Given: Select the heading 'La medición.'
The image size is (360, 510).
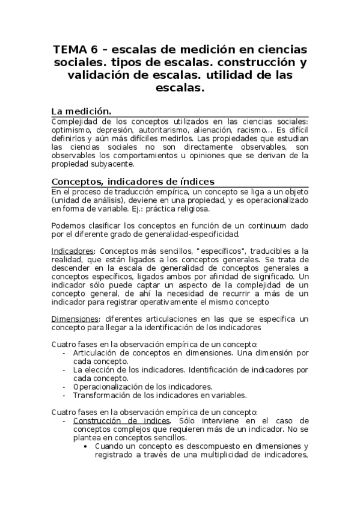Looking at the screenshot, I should click(82, 111).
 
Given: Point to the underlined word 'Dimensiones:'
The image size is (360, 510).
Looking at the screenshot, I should click(75, 318).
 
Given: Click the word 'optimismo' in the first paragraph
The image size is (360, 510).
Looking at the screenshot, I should click(72, 129).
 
